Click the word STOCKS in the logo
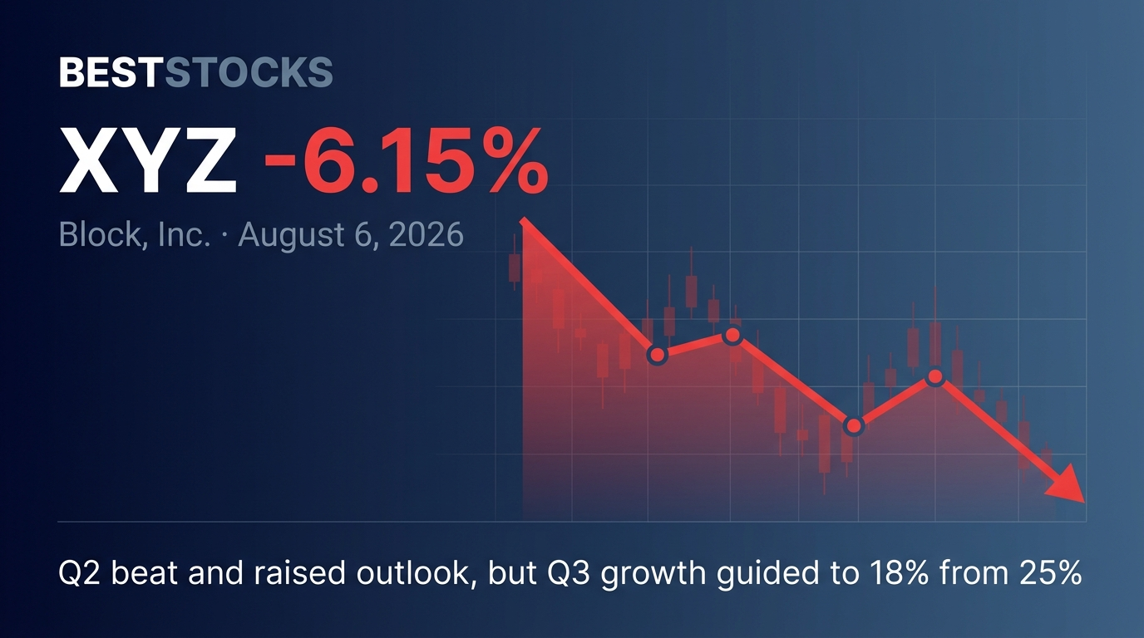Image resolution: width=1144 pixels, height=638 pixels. point(249,72)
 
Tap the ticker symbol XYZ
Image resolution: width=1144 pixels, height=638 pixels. point(148,159)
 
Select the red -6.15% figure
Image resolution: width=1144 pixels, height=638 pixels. point(406,159)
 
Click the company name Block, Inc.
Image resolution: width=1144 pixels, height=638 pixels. point(135,235)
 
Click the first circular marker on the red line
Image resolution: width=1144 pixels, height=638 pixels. point(658,354)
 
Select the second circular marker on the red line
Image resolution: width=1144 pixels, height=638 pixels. point(733,336)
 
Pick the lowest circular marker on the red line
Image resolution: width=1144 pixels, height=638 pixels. point(853,425)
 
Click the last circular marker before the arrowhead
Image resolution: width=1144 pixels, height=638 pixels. point(935,376)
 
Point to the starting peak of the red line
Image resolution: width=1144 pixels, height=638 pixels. point(522,219)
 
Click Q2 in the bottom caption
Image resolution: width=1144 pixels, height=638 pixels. point(81,573)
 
